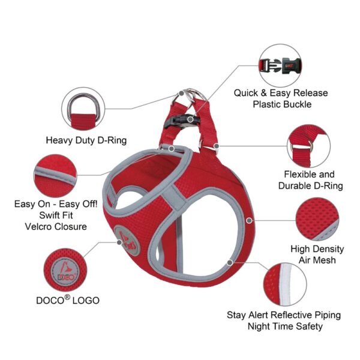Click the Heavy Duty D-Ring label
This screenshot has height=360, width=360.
pos(86,140)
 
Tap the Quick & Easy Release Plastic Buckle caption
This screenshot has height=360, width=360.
pos(281,98)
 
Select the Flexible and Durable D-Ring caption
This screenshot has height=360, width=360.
pos(310,180)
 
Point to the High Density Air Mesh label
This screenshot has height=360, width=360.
pos(317,254)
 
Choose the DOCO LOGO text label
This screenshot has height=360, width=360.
pos(68,300)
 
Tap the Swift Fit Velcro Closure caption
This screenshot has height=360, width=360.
pos(56,221)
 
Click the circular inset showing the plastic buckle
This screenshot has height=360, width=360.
pos(280,65)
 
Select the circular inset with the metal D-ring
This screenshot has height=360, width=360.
pos(83,109)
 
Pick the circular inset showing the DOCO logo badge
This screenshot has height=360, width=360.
pos(65,270)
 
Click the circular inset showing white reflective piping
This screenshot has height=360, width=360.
pos(284,284)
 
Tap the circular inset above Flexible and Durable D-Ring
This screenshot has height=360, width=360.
pos(309,146)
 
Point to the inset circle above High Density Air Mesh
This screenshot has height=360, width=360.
pos(317,219)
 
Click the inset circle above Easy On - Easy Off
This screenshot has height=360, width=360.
pos(55,176)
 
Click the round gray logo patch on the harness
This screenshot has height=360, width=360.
pos(127,241)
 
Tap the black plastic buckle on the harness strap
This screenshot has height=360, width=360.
pos(181,120)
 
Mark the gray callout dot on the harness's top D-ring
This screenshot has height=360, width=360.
pos(181,93)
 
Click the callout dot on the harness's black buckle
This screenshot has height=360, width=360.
pos(190,119)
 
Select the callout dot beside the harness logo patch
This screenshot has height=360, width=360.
pos(119,242)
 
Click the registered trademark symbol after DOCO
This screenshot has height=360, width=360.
pos(67,297)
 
